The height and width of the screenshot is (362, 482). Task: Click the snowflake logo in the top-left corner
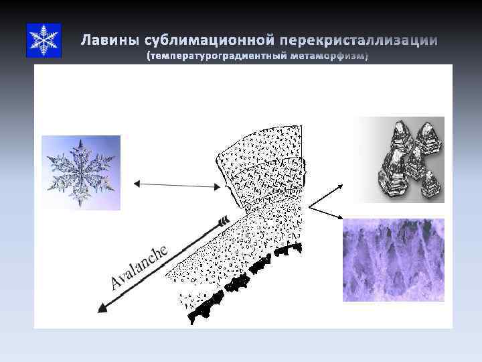click(x=44, y=40)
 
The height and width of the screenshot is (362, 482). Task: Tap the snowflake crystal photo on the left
click(x=81, y=173)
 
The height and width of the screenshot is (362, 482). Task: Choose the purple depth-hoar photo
click(x=394, y=259)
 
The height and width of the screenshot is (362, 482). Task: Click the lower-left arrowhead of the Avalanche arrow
click(x=102, y=308)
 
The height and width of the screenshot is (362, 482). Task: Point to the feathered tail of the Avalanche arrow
click(x=224, y=219)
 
